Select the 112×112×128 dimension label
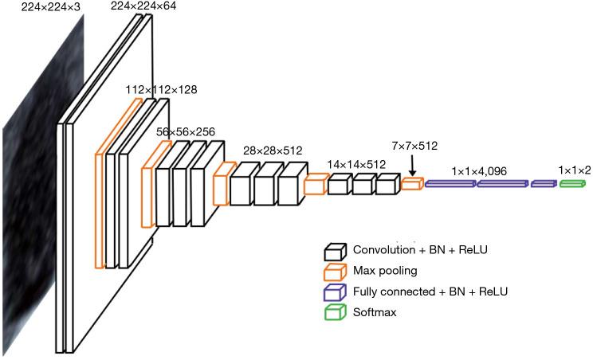pyautogui.click(x=161, y=90)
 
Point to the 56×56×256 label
pyautogui.click(x=185, y=131)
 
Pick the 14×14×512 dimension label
pyautogui.click(x=356, y=165)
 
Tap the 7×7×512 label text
pyautogui.click(x=414, y=146)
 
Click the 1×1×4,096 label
pyautogui.click(x=479, y=170)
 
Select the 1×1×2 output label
pyautogui.click(x=575, y=170)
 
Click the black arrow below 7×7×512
pyautogui.click(x=412, y=166)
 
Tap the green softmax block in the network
pyautogui.click(x=571, y=184)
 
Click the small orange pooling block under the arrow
pyautogui.click(x=411, y=184)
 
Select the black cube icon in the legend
pyautogui.click(x=335, y=252)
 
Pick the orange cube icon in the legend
pyautogui.click(x=335, y=272)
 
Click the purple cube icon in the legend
pyautogui.click(x=335, y=292)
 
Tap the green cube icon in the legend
pyautogui.click(x=335, y=313)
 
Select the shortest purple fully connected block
pyautogui.click(x=543, y=184)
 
